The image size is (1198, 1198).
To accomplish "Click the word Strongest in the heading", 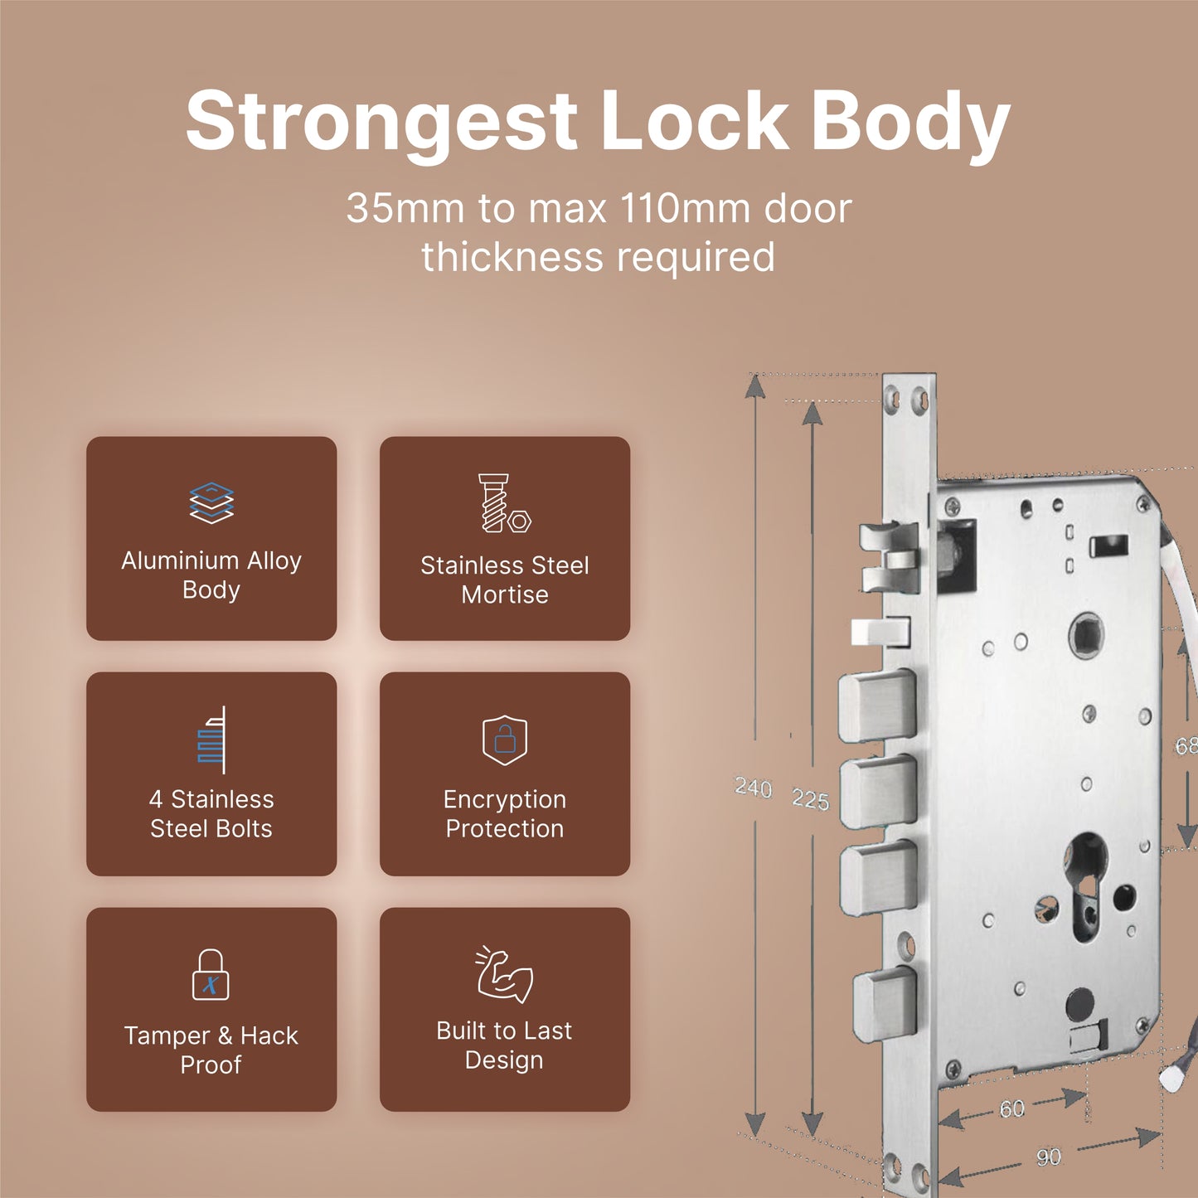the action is (381, 121).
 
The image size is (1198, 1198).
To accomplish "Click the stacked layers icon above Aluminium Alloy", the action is (211, 503).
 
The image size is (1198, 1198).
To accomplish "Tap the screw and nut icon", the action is (504, 503).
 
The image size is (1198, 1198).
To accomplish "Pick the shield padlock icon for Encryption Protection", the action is (505, 740).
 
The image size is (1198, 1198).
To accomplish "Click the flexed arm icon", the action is (504, 975).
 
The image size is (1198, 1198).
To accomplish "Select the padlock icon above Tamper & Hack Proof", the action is (211, 974).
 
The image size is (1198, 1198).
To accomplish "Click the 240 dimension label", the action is (754, 788).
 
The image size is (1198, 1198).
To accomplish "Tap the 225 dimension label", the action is (811, 799).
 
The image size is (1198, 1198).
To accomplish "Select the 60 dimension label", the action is (1012, 1108).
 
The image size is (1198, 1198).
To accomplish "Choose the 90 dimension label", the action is (1049, 1157).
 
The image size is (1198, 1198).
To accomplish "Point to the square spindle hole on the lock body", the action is (1086, 635).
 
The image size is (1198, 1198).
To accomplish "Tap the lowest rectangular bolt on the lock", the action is (885, 1006).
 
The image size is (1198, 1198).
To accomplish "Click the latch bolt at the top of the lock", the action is (890, 557).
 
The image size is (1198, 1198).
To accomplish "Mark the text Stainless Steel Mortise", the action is (505, 580).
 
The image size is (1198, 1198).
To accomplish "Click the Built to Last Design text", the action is (504, 1045).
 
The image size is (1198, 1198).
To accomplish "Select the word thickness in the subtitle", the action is (513, 257).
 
